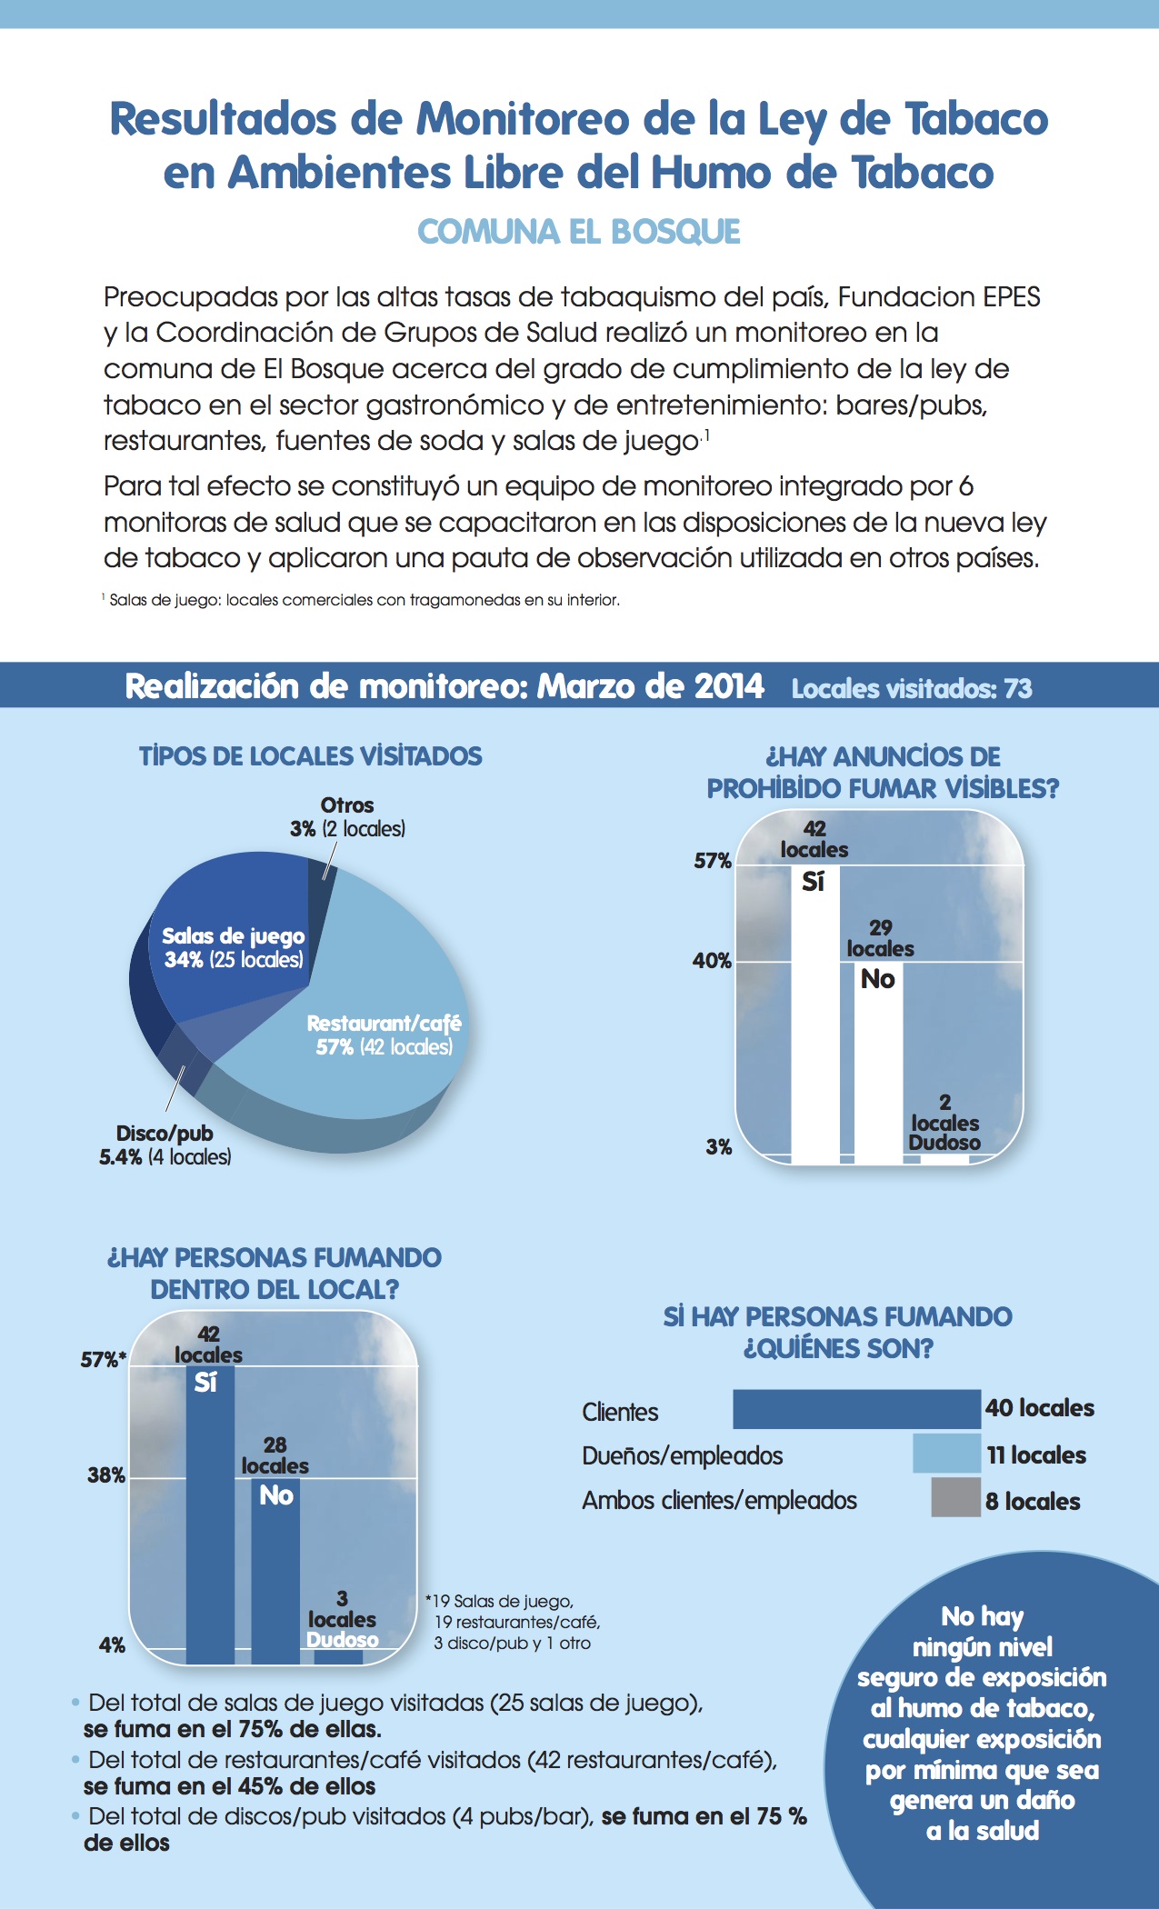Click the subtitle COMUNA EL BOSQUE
tap(579, 232)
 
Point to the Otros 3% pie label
tap(347, 816)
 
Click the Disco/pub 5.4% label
tap(165, 1144)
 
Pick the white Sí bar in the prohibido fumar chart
tap(815, 1014)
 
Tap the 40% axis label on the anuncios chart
tap(712, 961)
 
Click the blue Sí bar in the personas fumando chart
tap(210, 1514)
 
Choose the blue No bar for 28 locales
tap(275, 1571)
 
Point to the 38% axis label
tap(106, 1474)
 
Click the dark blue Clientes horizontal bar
tap(856, 1409)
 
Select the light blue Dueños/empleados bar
tap(947, 1453)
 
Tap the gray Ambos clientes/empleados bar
tap(956, 1497)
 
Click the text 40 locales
tap(1040, 1408)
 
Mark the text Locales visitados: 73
tap(912, 688)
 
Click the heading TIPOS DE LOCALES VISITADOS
tap(311, 756)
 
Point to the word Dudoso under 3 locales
tap(343, 1639)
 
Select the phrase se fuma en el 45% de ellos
tap(229, 1786)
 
